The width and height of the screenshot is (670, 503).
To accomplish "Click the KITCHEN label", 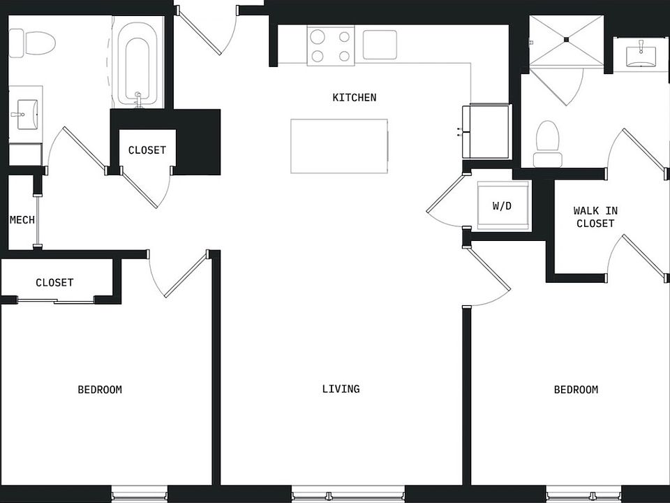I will pos(354,98).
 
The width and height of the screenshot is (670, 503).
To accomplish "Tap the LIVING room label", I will pos(341,389).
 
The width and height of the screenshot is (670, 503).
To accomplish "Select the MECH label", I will pos(22,220).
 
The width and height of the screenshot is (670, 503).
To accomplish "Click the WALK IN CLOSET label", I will pos(595,217).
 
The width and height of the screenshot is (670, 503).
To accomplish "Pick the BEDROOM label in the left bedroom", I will pos(100,390).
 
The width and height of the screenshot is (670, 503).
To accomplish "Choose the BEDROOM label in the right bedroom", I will pos(576,390).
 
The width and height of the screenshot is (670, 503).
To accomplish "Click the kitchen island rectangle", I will pos(339,146).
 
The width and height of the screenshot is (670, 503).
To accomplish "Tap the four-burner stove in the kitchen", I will pos(330,45).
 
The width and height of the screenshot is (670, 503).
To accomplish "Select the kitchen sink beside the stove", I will pos(380,45).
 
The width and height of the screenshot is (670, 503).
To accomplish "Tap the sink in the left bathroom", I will pos(25,112).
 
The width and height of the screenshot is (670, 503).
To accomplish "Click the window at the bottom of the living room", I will pos(348,495).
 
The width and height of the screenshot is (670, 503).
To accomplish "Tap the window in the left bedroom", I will pos(140,495).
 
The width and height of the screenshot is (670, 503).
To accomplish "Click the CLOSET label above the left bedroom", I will pos(54,283).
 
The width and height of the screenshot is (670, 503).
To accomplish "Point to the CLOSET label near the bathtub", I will pos(147,150).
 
